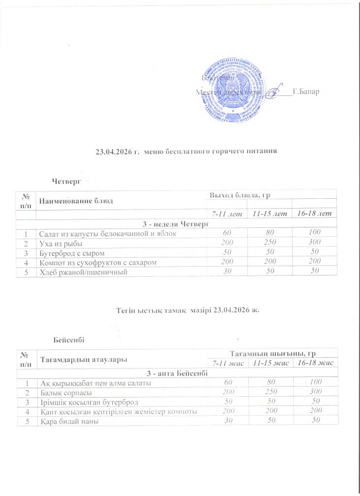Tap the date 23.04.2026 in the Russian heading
click(x=112, y=151)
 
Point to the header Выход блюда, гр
click(x=241, y=196)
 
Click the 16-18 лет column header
click(x=313, y=213)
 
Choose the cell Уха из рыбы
click(x=61, y=243)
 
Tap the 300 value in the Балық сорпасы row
click(x=313, y=392)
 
